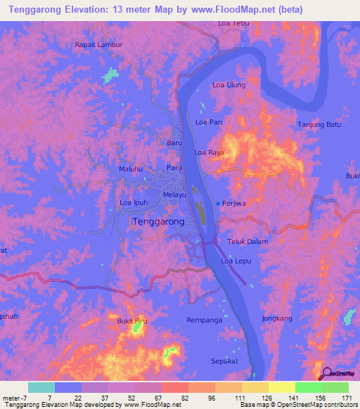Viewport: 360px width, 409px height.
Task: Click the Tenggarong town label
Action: pyautogui.click(x=158, y=221)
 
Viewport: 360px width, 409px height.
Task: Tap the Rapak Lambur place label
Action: pyautogui.click(x=98, y=44)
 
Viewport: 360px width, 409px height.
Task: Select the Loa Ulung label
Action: pyautogui.click(x=229, y=86)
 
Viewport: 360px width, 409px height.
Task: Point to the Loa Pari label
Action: pyautogui.click(x=209, y=122)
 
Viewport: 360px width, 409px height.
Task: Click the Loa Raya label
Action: pyautogui.click(x=209, y=152)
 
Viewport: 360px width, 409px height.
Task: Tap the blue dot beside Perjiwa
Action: pyautogui.click(x=217, y=203)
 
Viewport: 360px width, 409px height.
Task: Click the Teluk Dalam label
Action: pyautogui.click(x=248, y=242)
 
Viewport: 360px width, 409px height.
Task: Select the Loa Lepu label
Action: pyautogui.click(x=236, y=261)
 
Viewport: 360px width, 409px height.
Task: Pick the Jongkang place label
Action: pyautogui.click(x=276, y=318)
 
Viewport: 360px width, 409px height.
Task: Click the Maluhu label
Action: pyautogui.click(x=131, y=169)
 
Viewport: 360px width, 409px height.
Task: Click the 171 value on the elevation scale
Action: pyautogui.click(x=346, y=398)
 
